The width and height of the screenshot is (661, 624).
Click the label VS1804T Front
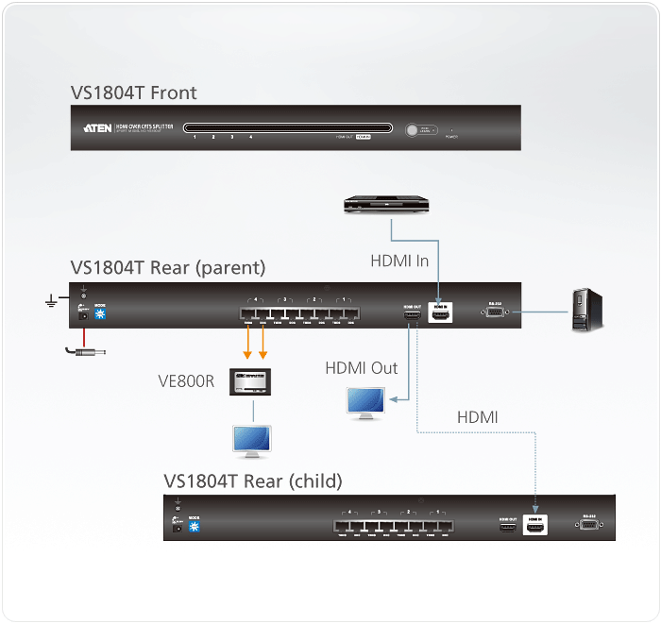(133, 93)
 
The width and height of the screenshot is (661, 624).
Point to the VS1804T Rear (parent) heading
(167, 267)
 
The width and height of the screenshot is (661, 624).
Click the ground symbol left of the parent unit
(51, 302)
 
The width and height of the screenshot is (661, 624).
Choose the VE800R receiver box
(250, 381)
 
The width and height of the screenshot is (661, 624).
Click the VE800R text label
(186, 382)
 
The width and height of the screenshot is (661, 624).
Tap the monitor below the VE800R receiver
(252, 441)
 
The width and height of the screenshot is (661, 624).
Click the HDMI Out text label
(362, 367)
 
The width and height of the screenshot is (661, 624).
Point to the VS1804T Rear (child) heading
(252, 481)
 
